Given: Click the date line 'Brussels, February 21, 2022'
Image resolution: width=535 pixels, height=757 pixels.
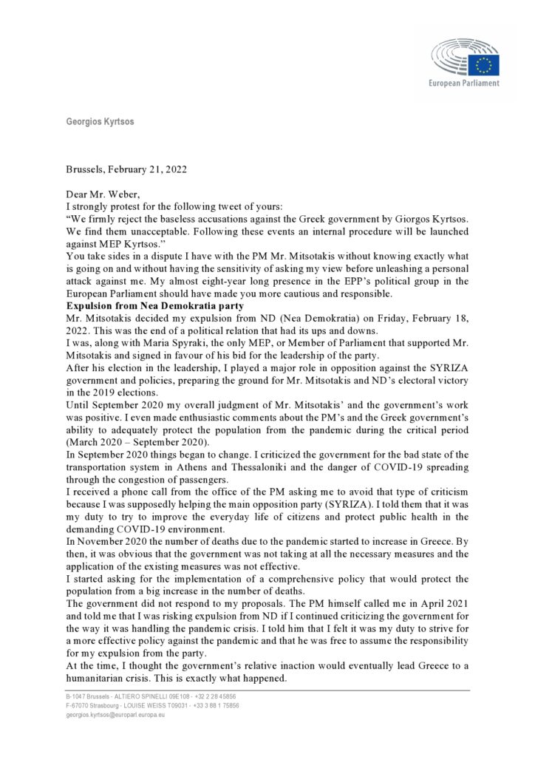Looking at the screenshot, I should click(x=126, y=168).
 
